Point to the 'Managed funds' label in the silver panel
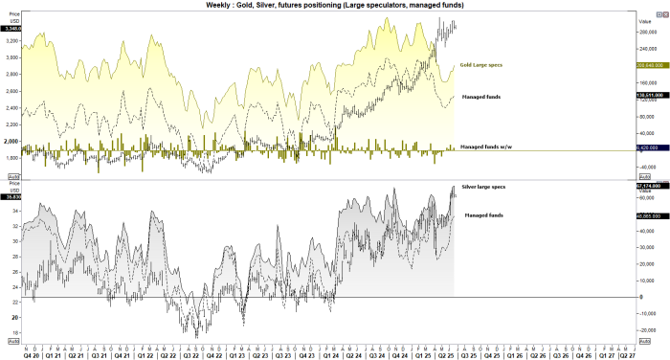pyautogui.click(x=485, y=216)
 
